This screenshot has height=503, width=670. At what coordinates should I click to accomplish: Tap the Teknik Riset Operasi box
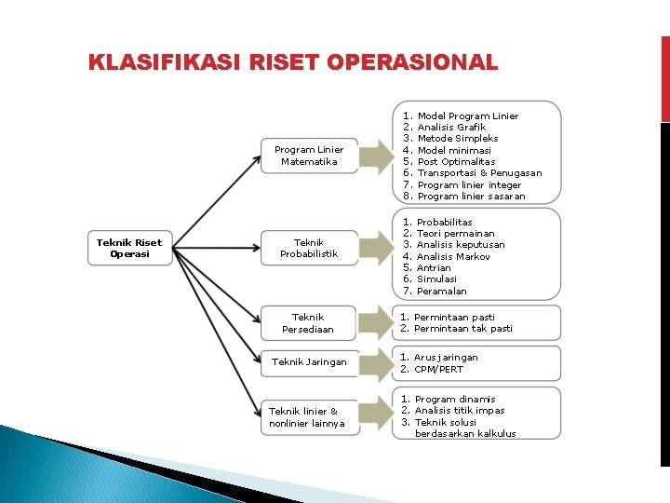click(129, 248)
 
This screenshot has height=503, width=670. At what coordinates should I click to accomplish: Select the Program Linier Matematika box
click(309, 156)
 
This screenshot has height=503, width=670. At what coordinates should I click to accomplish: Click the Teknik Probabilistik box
click(309, 248)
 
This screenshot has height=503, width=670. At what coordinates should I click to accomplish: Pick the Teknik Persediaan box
click(309, 323)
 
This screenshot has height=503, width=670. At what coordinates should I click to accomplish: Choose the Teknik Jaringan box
click(309, 362)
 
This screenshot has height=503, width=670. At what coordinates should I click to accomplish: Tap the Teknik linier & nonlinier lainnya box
click(307, 417)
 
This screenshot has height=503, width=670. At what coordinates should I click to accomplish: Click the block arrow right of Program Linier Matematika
click(376, 156)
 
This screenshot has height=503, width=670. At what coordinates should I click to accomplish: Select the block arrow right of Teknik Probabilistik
click(376, 248)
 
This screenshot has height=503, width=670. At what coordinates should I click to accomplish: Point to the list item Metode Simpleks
click(458, 139)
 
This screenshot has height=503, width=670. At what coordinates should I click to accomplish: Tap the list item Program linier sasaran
click(471, 197)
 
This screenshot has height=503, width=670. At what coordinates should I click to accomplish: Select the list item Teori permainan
click(455, 234)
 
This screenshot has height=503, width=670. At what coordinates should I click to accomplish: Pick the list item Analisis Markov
click(453, 256)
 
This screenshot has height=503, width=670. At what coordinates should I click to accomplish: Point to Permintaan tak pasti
click(462, 329)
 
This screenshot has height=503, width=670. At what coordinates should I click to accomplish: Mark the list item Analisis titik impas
click(460, 411)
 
